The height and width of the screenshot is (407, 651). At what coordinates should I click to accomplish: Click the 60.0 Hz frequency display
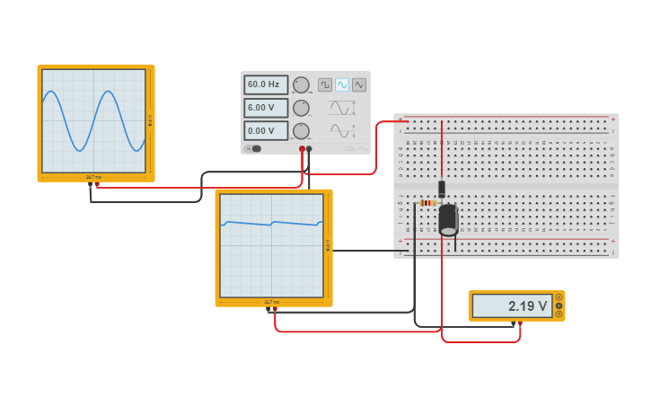(x=265, y=84)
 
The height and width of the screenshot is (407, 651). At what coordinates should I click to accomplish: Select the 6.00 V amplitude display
(x=265, y=108)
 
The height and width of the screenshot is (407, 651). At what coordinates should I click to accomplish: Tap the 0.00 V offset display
(x=265, y=131)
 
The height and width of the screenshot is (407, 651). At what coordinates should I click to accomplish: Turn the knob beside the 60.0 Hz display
(x=301, y=84)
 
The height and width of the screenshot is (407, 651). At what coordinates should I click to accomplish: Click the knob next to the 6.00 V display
(x=301, y=108)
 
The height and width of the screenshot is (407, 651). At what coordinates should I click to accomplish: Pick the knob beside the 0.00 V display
(x=301, y=131)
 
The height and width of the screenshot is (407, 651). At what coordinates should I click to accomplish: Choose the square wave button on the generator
(x=325, y=84)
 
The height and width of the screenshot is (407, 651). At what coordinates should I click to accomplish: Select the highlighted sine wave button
(x=342, y=84)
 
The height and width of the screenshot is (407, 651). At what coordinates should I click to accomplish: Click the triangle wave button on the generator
(x=359, y=84)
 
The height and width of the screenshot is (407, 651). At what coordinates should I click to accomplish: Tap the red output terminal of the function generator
(x=302, y=149)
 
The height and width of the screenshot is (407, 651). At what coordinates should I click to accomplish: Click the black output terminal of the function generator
(x=309, y=149)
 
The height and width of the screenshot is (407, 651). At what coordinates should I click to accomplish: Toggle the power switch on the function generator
(x=253, y=149)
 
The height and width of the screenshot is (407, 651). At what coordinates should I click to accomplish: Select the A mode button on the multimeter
(x=559, y=297)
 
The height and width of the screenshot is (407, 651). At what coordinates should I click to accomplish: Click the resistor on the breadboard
(x=428, y=203)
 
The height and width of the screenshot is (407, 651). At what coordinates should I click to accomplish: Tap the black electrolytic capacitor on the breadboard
(x=448, y=219)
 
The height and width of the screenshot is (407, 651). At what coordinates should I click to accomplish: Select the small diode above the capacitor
(x=442, y=189)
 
